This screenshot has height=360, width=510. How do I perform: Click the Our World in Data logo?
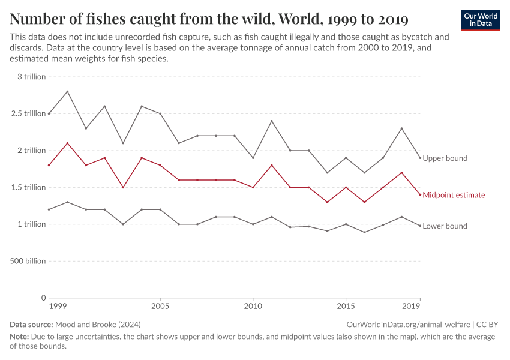tap(480, 20)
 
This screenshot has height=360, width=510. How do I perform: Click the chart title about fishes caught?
tap(209, 19)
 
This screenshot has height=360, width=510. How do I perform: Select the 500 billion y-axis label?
tap(27, 261)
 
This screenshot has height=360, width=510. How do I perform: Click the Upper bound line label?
tap(445, 158)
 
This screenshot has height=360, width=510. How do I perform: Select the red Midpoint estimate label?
tap(454, 195)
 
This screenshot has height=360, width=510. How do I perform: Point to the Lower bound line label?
tap(445, 226)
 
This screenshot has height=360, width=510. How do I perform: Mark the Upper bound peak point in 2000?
tap(67, 91)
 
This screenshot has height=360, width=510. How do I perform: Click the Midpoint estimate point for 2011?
tap(271, 165)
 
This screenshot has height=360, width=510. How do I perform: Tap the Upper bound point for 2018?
tap(401, 128)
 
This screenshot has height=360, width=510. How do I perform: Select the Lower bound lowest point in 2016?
tap(364, 232)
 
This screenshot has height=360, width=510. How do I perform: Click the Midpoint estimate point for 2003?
tap(123, 187)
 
